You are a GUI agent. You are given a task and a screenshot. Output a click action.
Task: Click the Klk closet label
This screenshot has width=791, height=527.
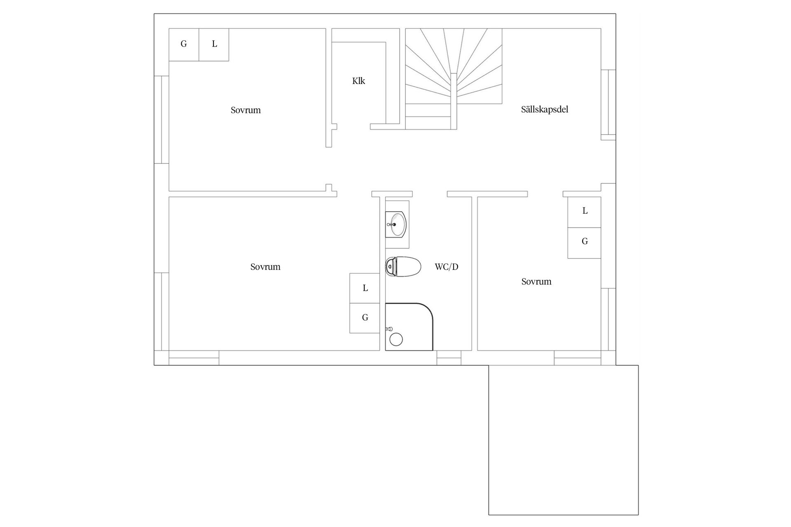358,81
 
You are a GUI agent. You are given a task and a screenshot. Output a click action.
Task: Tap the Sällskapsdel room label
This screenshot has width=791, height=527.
544,110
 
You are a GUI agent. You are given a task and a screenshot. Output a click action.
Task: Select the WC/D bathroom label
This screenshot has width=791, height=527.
446,267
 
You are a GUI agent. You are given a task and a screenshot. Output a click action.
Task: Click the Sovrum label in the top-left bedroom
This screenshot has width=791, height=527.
246,110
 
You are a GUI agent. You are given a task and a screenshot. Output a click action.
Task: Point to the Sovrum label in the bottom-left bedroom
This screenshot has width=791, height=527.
265,267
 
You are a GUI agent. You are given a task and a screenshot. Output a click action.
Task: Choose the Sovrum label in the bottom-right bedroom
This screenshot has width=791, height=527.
536,282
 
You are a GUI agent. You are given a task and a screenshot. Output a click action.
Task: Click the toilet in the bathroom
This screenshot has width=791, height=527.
403,267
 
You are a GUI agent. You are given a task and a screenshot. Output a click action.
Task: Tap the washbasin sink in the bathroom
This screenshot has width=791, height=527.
396,225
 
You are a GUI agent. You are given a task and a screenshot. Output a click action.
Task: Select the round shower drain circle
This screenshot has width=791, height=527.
396,340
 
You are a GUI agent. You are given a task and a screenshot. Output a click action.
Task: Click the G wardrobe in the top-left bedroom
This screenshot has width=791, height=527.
184,44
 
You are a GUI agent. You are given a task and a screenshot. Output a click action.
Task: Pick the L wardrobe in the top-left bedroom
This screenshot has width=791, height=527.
214,44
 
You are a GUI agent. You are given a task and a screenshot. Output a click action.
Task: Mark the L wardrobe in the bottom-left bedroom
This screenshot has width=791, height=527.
365,288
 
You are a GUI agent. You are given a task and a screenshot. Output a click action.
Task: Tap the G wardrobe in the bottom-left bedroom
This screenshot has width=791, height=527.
365,318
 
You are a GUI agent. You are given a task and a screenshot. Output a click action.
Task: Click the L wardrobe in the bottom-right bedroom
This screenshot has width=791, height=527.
584,212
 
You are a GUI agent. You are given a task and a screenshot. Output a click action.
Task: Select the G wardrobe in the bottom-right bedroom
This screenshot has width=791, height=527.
584,243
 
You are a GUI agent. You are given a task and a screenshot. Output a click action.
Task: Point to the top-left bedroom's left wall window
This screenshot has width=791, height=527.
161,119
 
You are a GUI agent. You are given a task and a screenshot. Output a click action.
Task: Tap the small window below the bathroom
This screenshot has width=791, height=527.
449,358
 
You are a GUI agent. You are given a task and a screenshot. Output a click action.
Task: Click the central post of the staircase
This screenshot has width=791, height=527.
454,101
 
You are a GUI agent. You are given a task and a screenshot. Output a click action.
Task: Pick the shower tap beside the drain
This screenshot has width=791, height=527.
388,329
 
